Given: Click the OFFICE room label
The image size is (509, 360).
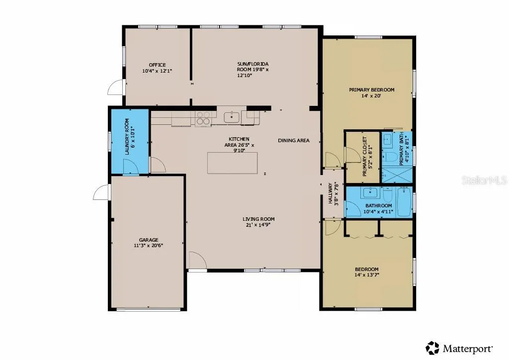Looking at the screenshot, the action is point(158,65).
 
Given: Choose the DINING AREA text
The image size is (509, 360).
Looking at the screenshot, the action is point(294,140).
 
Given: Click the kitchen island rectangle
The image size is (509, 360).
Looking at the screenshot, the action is point(233,163).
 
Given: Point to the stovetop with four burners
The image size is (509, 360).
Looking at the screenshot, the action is point(203,118).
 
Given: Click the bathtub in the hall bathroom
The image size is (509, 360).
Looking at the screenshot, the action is point(405,202).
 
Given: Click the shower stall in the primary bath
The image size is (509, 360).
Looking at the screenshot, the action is point(397,175).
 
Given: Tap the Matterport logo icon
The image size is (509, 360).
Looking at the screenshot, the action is point(432,348).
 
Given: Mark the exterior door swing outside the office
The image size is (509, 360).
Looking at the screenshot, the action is point(115,88).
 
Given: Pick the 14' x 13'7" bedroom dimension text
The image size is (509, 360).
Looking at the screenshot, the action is point(367,275).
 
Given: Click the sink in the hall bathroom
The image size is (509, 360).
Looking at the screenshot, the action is point(370,193).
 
